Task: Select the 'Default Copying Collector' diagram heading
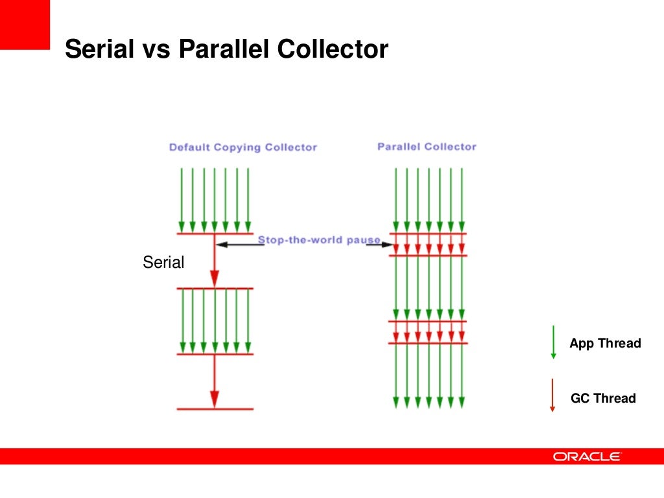243,147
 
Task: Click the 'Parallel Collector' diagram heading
427,147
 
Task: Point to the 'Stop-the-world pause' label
319,240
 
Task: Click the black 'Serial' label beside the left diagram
163,263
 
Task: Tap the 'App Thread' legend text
605,344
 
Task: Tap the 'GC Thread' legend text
603,398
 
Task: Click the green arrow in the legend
553,342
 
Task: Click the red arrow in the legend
552,396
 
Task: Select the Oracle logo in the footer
587,456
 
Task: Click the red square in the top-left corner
25,25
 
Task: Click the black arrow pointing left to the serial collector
237,244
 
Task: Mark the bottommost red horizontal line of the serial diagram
215,409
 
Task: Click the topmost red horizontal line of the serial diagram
215,233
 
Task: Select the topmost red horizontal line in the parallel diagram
428,233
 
